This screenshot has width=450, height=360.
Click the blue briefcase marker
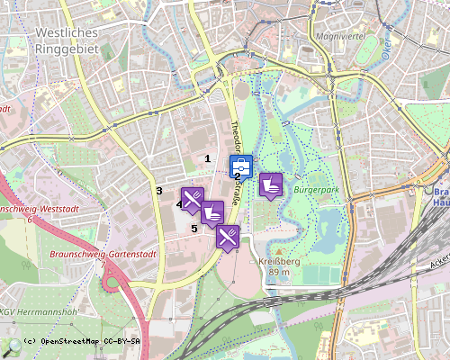241,167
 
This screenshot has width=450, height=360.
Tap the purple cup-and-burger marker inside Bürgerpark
271,184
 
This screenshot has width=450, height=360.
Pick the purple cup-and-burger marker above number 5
212,213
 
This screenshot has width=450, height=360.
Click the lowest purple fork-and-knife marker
228,237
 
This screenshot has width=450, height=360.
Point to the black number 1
209,158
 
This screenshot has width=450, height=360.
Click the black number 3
158,190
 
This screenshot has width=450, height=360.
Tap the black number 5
193,229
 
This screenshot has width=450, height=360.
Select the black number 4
178,205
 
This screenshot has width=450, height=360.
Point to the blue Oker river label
388,40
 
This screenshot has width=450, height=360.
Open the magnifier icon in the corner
12,346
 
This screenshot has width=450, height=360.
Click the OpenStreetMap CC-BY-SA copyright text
82,341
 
